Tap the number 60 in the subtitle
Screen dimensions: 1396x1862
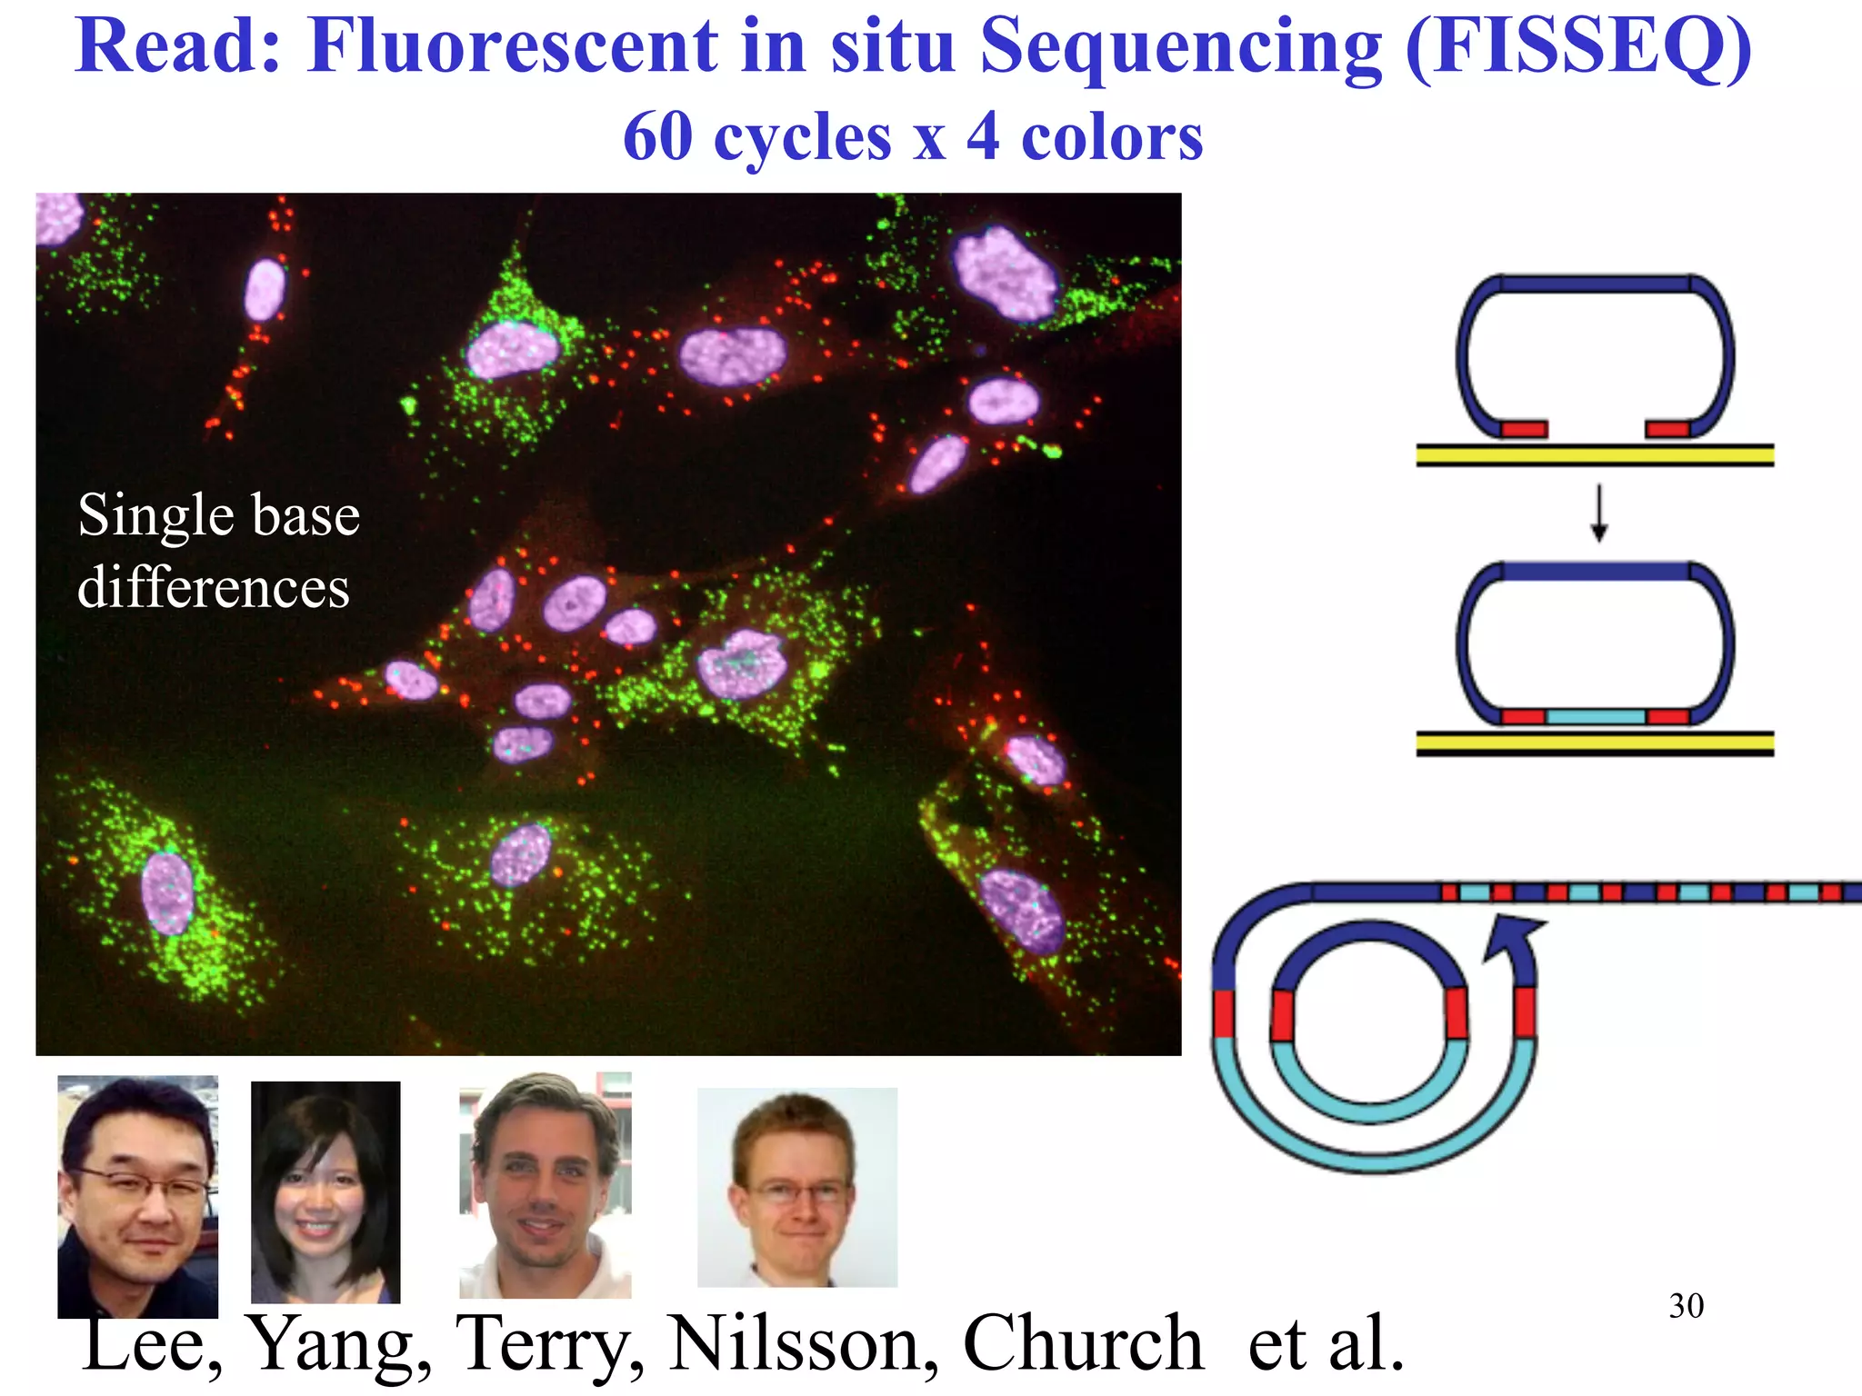tap(657, 138)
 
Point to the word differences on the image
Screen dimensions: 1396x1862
tap(214, 588)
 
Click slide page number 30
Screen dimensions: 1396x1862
tap(1686, 1306)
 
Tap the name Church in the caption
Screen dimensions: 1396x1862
tap(1082, 1343)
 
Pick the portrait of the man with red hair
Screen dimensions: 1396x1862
tap(796, 1187)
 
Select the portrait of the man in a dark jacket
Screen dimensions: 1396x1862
tap(137, 1196)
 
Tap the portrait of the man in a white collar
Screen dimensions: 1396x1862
tap(545, 1185)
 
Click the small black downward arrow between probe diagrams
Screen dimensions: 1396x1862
tap(1598, 514)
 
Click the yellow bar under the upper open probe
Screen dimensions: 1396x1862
tap(1595, 455)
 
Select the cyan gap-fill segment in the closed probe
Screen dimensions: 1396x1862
tap(1596, 717)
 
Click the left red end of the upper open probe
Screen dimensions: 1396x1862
tap(1524, 429)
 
